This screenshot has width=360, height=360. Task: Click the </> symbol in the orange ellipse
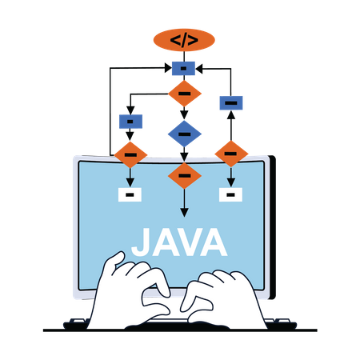184,40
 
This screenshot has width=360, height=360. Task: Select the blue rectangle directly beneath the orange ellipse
183,69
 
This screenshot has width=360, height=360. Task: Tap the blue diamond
184,134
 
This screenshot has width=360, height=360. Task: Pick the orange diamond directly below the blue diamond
184,176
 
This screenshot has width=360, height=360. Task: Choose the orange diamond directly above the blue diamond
185,94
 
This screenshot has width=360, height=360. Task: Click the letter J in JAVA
141,242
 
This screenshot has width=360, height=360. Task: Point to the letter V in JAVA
191,242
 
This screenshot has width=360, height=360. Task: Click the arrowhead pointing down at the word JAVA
184,213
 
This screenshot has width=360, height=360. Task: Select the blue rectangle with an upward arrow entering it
231,103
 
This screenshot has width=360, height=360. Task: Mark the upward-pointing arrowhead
231,115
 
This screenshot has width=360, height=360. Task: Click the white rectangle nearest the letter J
130,194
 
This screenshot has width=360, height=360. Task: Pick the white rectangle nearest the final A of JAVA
230,194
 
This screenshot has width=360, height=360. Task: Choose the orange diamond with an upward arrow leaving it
231,154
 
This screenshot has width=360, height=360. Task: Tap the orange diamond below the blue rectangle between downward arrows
130,154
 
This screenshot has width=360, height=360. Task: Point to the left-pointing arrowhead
200,69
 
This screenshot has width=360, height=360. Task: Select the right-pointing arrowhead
168,68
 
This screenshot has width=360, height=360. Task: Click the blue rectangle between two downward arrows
130,122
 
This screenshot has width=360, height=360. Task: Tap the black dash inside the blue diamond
184,134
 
